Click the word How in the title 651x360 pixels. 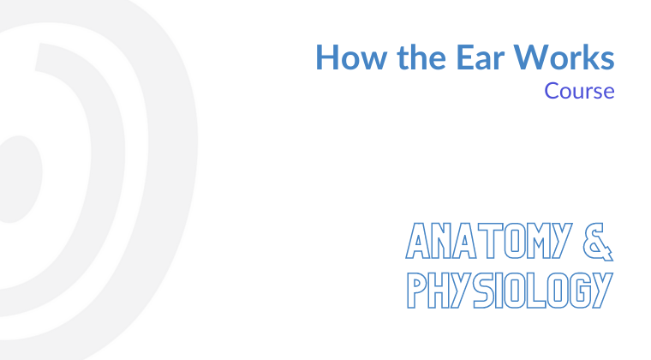352,57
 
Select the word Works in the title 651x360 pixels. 564,57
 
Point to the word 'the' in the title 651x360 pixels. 421,57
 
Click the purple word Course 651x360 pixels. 579,91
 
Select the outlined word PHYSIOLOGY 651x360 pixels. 510,291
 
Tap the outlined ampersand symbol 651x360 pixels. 598,242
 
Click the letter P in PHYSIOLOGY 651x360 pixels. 416,291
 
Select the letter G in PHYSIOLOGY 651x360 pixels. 580,291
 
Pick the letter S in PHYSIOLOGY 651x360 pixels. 484,291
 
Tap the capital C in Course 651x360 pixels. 552,91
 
